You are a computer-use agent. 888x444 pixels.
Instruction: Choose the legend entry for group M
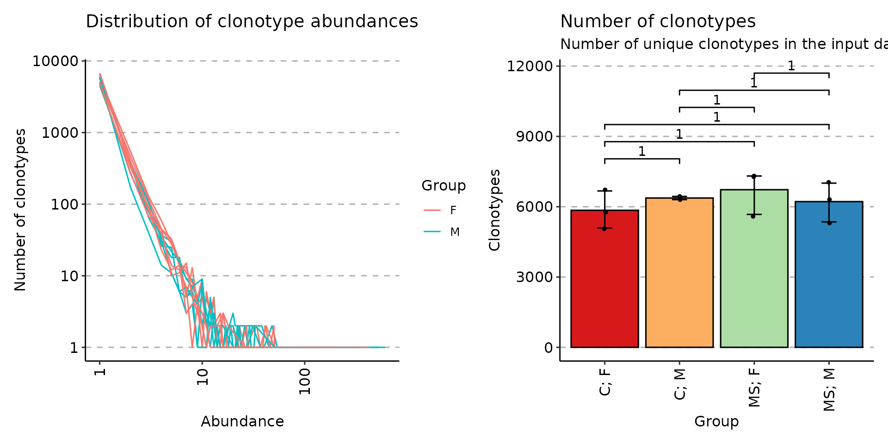coord(441,232)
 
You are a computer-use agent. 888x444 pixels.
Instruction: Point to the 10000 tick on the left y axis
coord(55,61)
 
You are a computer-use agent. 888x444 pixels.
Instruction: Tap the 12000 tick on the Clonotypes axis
coord(530,66)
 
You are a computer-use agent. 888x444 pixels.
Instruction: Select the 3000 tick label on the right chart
coord(534,277)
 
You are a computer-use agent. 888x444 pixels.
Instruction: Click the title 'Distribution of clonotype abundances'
coord(252,22)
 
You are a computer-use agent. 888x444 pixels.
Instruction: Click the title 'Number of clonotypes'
coord(658,22)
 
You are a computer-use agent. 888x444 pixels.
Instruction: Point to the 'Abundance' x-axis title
coord(242,421)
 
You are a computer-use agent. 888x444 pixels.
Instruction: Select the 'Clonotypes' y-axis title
coord(494,210)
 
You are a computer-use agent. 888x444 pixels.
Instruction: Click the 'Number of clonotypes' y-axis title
coord(20,210)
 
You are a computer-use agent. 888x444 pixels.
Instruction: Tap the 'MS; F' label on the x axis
coord(754,388)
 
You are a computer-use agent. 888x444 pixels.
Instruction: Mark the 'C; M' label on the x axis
coord(679,384)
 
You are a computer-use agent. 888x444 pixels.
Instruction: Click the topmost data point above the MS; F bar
coord(754,176)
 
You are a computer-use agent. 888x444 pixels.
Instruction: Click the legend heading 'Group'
coord(443,185)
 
